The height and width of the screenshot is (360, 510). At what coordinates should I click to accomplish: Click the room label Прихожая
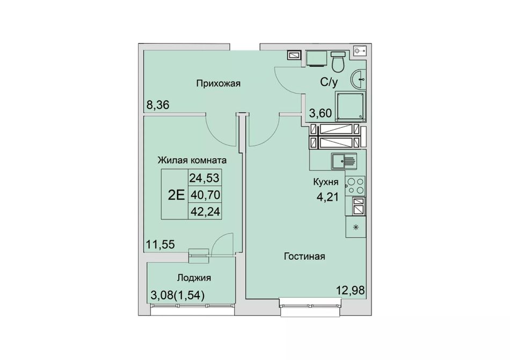218,84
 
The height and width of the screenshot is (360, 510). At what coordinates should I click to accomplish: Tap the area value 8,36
158,105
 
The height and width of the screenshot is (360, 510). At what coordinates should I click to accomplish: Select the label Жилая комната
192,160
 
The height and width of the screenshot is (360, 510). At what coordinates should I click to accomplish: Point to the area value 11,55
161,244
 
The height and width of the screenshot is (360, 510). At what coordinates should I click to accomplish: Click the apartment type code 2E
176,195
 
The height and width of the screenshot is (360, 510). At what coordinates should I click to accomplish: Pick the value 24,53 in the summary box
205,178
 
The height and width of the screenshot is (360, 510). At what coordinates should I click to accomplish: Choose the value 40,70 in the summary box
205,195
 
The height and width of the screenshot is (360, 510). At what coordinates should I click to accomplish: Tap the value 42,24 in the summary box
205,211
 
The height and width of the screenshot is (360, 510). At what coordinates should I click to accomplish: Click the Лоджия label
194,278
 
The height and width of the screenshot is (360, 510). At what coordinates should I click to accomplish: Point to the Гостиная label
304,256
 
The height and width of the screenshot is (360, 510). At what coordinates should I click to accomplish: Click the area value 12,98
351,290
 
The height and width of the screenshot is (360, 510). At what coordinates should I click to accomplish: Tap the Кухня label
325,182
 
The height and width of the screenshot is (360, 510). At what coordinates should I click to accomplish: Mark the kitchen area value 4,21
328,196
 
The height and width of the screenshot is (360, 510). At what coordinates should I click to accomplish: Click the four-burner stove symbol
355,186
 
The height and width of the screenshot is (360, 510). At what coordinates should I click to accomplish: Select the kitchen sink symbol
344,161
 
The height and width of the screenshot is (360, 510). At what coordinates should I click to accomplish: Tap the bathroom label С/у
329,83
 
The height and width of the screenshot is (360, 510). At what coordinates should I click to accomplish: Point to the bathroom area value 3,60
320,113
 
